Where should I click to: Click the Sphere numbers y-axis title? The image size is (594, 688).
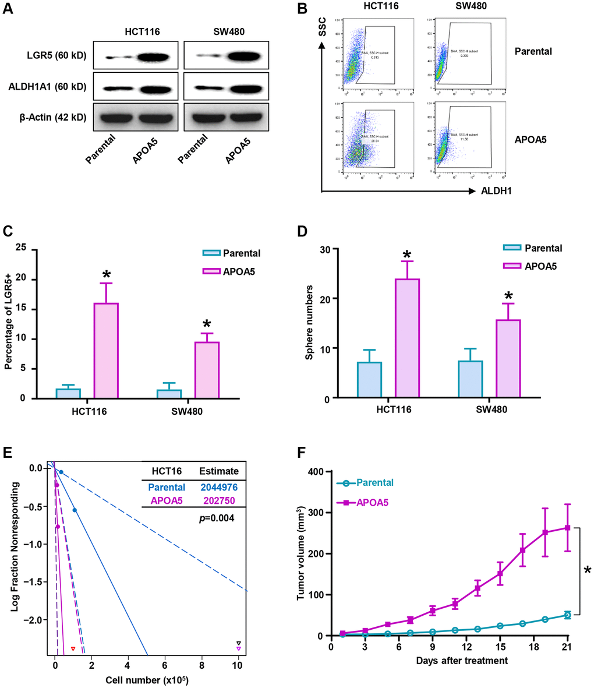pyautogui.click(x=312, y=323)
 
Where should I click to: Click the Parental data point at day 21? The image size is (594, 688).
pyautogui.click(x=567, y=615)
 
